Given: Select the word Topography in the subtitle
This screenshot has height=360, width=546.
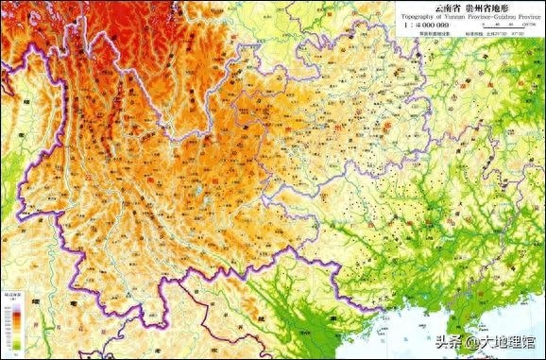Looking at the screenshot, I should [417, 17].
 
